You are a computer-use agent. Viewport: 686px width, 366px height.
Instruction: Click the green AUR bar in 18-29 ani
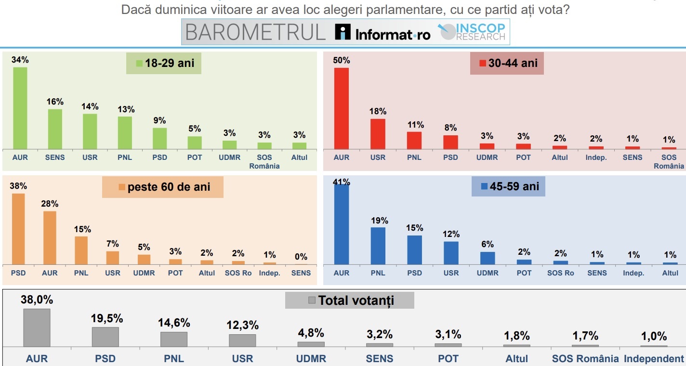20,108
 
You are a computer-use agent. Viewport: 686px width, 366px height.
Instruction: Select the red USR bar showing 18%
378,134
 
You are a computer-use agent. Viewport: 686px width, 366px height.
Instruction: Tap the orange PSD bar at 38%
18,229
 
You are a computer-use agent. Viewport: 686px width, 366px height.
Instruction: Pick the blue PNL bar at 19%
378,246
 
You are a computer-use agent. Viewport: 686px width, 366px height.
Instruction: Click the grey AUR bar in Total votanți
37,327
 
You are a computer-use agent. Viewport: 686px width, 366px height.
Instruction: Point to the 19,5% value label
107,318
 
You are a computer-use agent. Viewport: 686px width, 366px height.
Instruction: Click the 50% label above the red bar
342,60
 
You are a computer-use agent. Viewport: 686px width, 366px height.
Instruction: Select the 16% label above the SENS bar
55,102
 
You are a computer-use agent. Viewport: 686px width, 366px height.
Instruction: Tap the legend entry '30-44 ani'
508,63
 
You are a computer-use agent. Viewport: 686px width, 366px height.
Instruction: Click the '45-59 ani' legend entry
509,186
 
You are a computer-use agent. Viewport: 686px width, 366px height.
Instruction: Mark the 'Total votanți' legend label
351,301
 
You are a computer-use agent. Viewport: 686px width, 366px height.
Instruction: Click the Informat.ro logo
383,33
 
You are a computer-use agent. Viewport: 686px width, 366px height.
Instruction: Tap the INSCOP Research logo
472,32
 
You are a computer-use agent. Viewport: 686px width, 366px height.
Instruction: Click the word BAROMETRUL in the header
256,32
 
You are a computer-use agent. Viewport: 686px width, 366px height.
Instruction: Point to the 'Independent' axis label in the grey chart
653,358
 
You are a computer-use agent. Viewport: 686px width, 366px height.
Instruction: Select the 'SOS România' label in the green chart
264,161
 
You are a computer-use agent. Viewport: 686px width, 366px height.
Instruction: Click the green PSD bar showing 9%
160,138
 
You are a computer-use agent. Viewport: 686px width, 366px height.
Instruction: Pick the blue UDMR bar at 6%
488,258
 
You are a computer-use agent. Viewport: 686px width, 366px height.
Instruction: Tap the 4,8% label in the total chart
311,333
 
